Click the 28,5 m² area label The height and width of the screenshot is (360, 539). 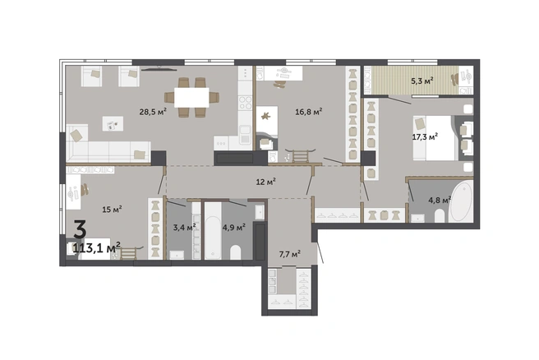(153, 112)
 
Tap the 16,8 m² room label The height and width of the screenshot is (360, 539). (309, 112)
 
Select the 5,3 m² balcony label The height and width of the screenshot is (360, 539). (422, 81)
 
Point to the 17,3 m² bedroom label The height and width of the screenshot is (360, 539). (425, 136)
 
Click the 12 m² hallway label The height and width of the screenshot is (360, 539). (266, 182)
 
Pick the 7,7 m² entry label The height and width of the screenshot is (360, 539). (290, 254)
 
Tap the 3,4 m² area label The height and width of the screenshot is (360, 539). (184, 228)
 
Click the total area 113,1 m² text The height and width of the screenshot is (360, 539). (97, 247)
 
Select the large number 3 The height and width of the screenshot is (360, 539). (80, 229)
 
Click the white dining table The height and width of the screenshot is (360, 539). (191, 98)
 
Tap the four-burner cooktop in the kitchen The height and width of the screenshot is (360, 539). (246, 103)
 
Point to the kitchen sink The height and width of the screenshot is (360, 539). (246, 135)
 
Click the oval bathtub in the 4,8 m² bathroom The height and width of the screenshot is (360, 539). (461, 202)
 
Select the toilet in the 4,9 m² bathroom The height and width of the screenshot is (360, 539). (236, 252)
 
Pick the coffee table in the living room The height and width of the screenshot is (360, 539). (113, 124)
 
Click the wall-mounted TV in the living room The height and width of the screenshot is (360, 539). (159, 69)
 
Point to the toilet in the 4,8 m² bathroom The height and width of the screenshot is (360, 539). (440, 216)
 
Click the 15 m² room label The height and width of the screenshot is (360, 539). (113, 210)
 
